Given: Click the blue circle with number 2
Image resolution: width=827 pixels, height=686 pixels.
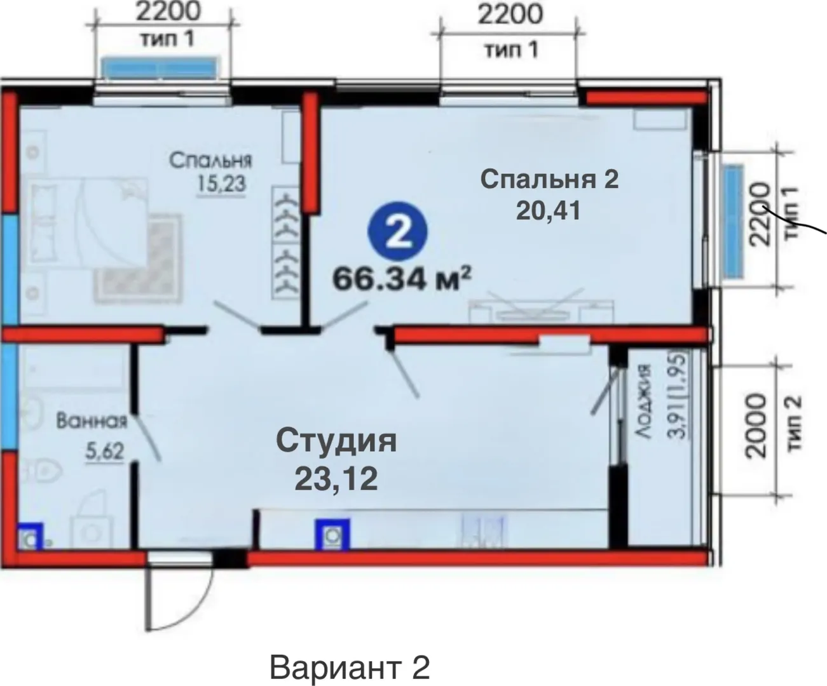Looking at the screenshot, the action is (398, 232).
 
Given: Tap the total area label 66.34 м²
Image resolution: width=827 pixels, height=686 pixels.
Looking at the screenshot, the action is (402, 279).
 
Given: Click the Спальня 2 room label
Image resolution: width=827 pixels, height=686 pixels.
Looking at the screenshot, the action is (549, 179).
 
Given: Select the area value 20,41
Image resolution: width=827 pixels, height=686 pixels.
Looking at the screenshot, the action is (548, 211).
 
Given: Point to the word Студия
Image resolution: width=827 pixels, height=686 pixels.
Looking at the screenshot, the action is (336, 441).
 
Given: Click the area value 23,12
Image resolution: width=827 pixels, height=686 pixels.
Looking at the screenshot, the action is (336, 480).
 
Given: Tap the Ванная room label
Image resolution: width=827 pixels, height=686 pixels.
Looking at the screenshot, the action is (92, 420).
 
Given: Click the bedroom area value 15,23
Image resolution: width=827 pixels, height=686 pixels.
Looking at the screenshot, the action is (222, 184).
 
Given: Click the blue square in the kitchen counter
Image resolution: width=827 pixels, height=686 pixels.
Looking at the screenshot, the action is (332, 535).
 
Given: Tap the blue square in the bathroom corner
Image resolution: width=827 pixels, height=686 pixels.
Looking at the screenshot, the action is (30, 536).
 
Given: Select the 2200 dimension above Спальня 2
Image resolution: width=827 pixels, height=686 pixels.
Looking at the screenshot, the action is (510, 15).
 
